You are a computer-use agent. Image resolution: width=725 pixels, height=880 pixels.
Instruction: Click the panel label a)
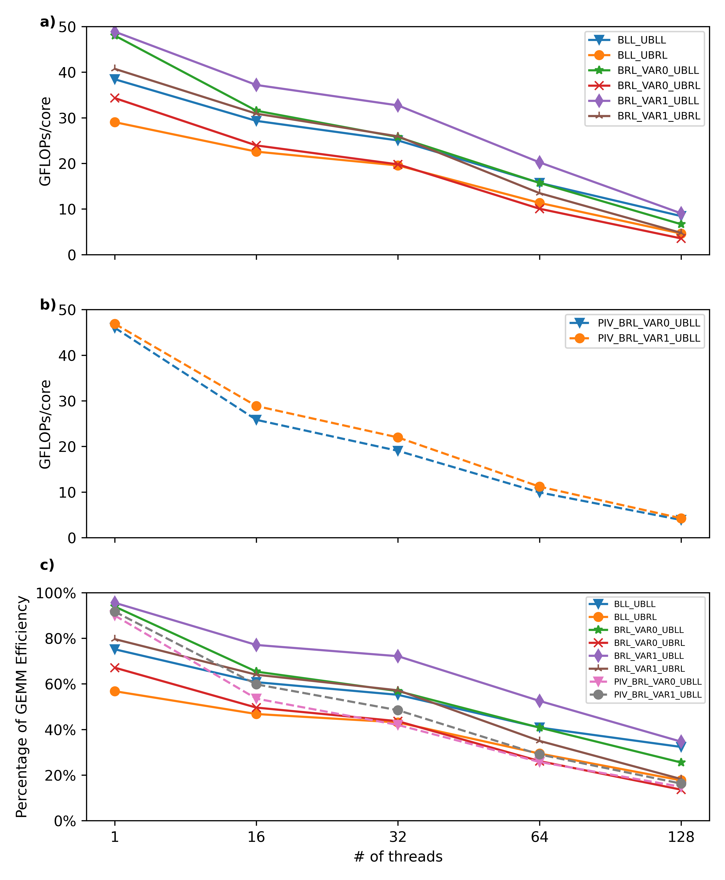[47, 22]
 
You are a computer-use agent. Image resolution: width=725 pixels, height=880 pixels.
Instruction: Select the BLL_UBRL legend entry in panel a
[642, 55]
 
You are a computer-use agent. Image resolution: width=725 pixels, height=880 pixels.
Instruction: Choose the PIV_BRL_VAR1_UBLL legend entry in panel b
[649, 338]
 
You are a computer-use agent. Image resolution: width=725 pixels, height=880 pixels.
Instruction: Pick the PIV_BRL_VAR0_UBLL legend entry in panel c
[657, 682]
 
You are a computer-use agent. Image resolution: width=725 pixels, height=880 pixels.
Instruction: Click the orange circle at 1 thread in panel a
[115, 122]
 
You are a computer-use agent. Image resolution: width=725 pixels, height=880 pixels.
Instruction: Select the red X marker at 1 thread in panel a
[115, 98]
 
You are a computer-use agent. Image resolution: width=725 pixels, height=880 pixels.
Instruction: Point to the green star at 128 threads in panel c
[681, 762]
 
